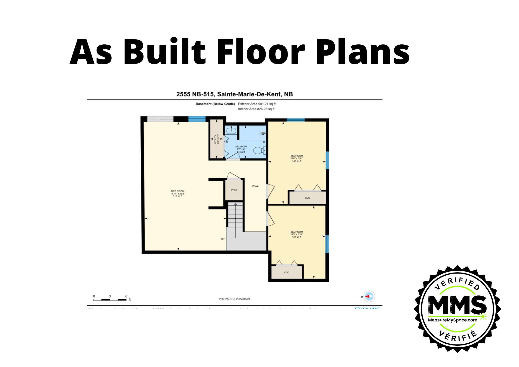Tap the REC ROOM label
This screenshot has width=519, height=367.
pos(177,194)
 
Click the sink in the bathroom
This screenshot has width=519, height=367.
pos(231,130)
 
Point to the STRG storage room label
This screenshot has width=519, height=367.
pos(234,190)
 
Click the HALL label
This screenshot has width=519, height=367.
pos(255,186)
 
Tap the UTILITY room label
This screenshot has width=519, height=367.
pos(216,139)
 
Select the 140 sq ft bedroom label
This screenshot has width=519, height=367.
pos(297,158)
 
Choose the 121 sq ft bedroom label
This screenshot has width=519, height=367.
pos(297,234)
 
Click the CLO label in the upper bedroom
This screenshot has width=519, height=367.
pos(308,198)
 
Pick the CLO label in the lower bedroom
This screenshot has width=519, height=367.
pos(286,273)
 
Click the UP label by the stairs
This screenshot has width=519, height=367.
pos(223,239)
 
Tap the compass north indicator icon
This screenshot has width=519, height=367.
pos(369,296)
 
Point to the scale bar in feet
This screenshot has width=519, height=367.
pos(110,300)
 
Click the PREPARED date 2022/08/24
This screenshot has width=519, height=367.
pos(234,299)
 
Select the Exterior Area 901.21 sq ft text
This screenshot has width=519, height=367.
pos(257,104)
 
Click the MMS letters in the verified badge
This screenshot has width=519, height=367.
pos(457,305)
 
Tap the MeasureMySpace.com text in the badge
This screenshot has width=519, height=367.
pos(453,320)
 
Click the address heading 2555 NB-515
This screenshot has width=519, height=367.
pos(234,94)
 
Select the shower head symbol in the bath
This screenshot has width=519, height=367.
pos(263,133)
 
